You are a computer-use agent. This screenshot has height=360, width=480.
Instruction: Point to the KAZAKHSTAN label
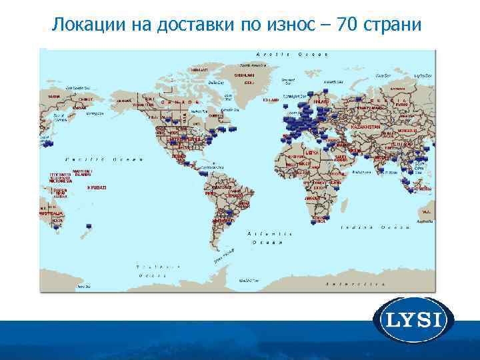(x=365, y=127)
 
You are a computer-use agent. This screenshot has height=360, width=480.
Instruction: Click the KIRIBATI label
(x=97, y=187)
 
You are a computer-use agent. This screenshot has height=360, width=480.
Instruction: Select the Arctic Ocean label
(x=291, y=54)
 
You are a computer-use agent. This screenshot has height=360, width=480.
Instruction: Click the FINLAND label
(x=322, y=101)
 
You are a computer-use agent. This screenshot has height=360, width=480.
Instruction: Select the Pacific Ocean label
(x=100, y=159)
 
